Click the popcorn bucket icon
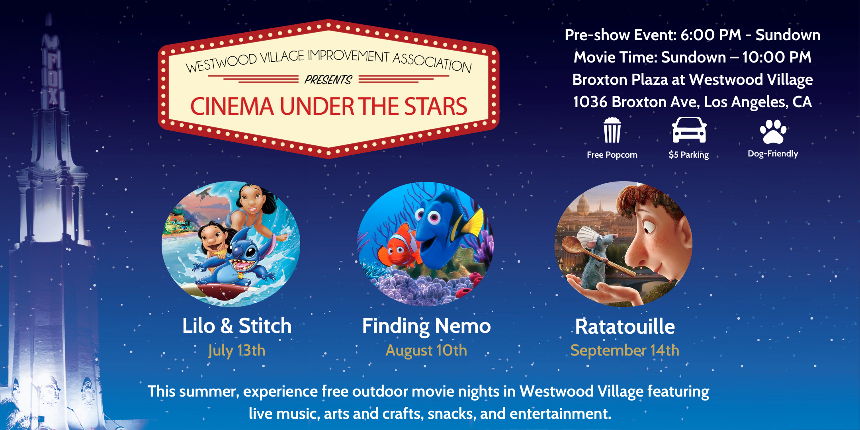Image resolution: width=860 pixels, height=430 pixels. coord(612,130)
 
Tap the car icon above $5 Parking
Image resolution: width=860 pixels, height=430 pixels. coord(689,130)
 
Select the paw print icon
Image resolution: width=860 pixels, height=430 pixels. coord(773,131)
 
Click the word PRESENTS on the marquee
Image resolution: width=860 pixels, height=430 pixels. coord(328,80)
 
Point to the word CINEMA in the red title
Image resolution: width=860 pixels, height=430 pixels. coord(232,106)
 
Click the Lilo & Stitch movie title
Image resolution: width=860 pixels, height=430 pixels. coord(237,326)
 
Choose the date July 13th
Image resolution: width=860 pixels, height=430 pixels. coord(236,351)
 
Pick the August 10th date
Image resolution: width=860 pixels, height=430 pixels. coord(426,350)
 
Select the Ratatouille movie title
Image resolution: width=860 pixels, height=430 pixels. coord(625,326)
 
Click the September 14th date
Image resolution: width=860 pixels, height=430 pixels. coord(625,350)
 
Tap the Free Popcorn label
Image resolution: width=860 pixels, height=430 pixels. coord(612,154)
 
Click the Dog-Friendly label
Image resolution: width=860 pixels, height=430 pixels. coord(773,154)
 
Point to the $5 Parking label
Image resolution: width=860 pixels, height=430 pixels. coord(689,154)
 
